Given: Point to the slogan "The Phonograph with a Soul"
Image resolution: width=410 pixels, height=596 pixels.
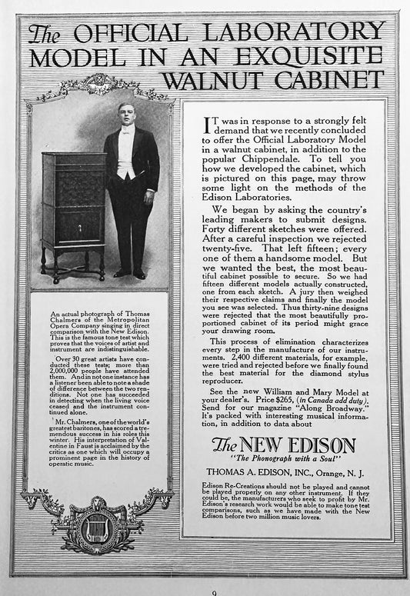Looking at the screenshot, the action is [x=284, y=460].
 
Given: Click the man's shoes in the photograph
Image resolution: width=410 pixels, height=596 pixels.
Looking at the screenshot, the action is [x=130, y=274].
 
